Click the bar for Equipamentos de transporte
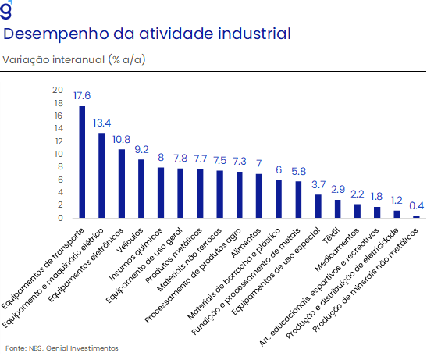(x=82, y=162)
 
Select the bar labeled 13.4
(x=101, y=175)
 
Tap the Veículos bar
(x=141, y=188)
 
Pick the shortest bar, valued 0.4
(x=416, y=217)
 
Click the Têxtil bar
(x=338, y=209)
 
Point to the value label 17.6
(x=82, y=95)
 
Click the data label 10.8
(x=122, y=139)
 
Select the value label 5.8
(x=298, y=171)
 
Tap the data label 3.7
(x=318, y=185)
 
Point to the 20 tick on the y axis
(x=58, y=90)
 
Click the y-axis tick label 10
(x=59, y=154)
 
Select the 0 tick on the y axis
(x=60, y=218)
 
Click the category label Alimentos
(x=246, y=243)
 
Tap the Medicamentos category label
(x=337, y=250)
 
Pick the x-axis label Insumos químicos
(x=136, y=254)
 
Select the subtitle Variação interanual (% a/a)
(x=74, y=59)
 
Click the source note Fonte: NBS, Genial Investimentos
(x=62, y=348)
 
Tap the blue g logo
(x=6, y=10)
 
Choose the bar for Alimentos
(x=259, y=196)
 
